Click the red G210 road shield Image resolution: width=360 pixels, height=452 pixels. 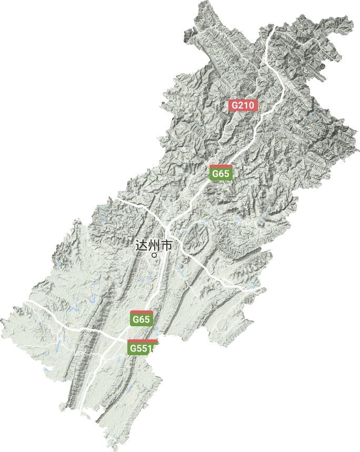[243, 105]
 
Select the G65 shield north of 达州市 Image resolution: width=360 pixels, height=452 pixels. [221, 173]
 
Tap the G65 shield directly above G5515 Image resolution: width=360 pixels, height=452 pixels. [142, 319]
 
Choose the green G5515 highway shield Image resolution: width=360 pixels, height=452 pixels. [142, 348]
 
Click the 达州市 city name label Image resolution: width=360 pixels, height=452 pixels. [154, 246]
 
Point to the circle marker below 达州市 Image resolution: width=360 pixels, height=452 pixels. [154, 255]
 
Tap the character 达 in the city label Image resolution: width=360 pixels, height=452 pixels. [141, 246]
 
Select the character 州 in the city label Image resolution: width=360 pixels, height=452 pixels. [154, 246]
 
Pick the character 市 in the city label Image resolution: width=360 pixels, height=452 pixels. [166, 246]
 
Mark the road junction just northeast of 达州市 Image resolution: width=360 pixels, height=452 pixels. [167, 230]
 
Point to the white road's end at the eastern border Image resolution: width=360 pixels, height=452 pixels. [259, 289]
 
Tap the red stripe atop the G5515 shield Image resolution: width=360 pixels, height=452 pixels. [142, 341]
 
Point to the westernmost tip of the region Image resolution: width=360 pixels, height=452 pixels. [2, 320]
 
